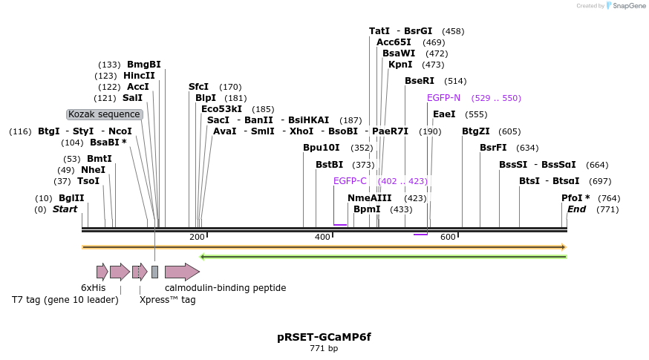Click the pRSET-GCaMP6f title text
324,337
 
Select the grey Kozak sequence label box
105,114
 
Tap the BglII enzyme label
72,198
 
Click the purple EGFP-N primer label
443,98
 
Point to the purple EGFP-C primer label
350,181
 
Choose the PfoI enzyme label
575,198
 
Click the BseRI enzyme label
420,81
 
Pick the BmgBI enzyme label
144,65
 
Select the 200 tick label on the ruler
197,237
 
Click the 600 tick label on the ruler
448,237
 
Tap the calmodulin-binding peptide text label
225,288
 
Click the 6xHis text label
94,288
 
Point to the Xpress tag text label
168,300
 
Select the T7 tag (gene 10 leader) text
65,300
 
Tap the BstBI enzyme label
329,165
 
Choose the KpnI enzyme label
400,65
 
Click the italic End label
576,209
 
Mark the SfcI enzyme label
199,87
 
